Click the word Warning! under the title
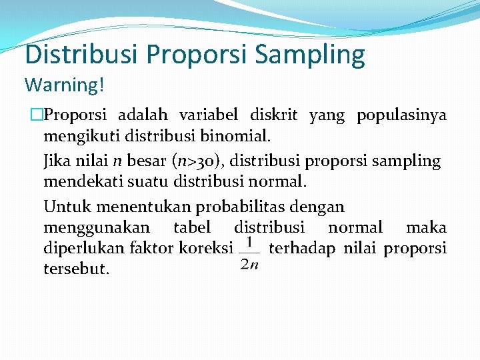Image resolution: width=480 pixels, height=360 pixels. coord(64,85)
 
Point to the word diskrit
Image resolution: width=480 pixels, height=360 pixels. coord(274,115)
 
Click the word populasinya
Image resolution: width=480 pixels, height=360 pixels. coord(401,115)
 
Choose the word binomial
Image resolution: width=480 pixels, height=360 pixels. coord(237,137)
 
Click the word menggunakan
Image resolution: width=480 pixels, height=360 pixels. coord(97,227)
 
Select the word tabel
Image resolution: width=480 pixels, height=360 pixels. coord(192,227)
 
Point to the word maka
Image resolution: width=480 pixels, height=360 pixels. coord(426,227)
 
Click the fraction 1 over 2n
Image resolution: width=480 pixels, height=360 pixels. coord(249,254)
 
